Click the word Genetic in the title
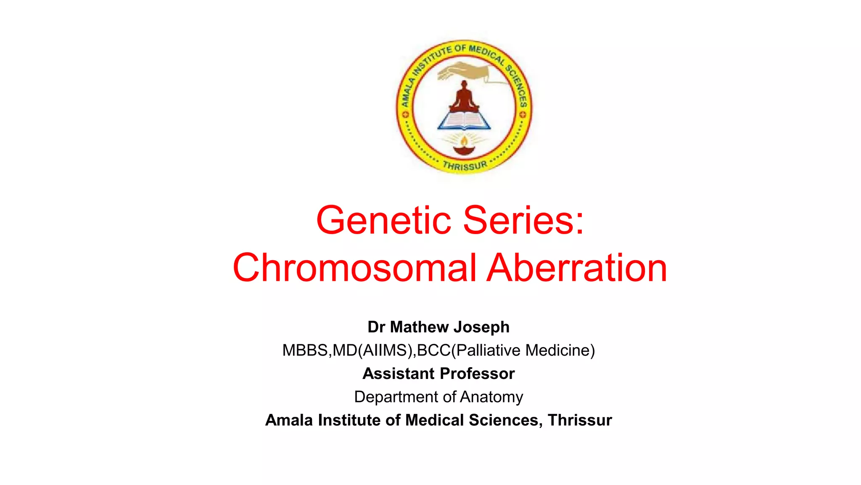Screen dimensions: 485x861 [x=384, y=220]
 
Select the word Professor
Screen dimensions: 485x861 [x=477, y=373]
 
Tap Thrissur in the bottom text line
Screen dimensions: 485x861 [x=580, y=420]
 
